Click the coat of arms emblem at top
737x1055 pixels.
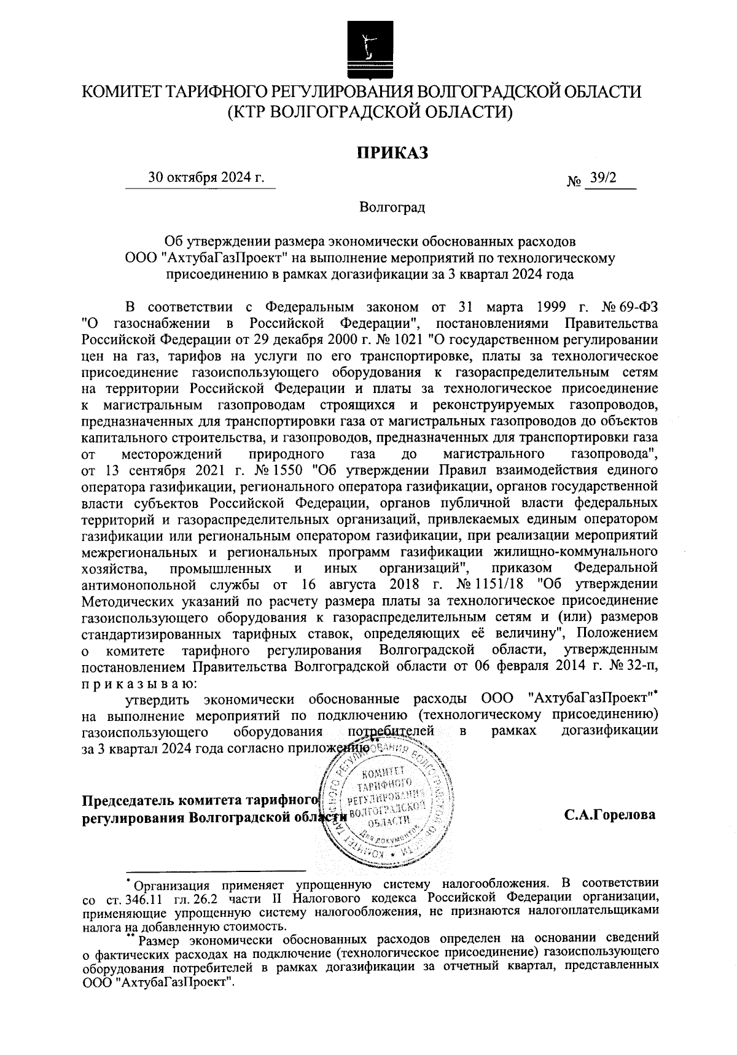click(x=368, y=45)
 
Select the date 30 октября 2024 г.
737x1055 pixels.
click(x=206, y=178)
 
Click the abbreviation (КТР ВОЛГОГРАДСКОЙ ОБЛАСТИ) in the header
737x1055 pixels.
click(x=368, y=112)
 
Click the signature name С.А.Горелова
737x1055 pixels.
click(x=609, y=815)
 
